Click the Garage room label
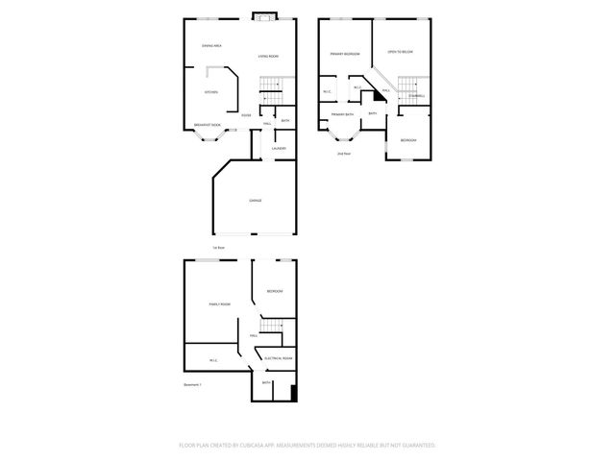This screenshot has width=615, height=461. click(x=255, y=200)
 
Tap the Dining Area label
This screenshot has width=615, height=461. click(x=212, y=46)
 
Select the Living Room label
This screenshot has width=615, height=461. click(x=268, y=57)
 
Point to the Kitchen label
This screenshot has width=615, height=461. click(x=210, y=92)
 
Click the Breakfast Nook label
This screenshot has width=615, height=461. click(x=207, y=125)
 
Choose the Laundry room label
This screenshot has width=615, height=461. click(x=279, y=148)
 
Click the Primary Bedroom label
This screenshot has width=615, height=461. click(x=345, y=54)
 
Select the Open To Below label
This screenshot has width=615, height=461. click(x=400, y=52)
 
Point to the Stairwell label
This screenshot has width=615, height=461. click(x=416, y=95)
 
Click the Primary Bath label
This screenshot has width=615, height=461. click(x=342, y=114)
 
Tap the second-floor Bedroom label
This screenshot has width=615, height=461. click(x=408, y=140)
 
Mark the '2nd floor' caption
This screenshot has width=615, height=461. click(x=343, y=154)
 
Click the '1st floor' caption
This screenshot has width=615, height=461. click(x=219, y=248)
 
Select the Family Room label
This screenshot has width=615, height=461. click(x=219, y=303)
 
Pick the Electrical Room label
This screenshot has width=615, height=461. click(x=279, y=357)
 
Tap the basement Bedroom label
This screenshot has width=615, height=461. click(x=274, y=291)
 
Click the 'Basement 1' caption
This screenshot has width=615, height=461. click(x=193, y=384)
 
